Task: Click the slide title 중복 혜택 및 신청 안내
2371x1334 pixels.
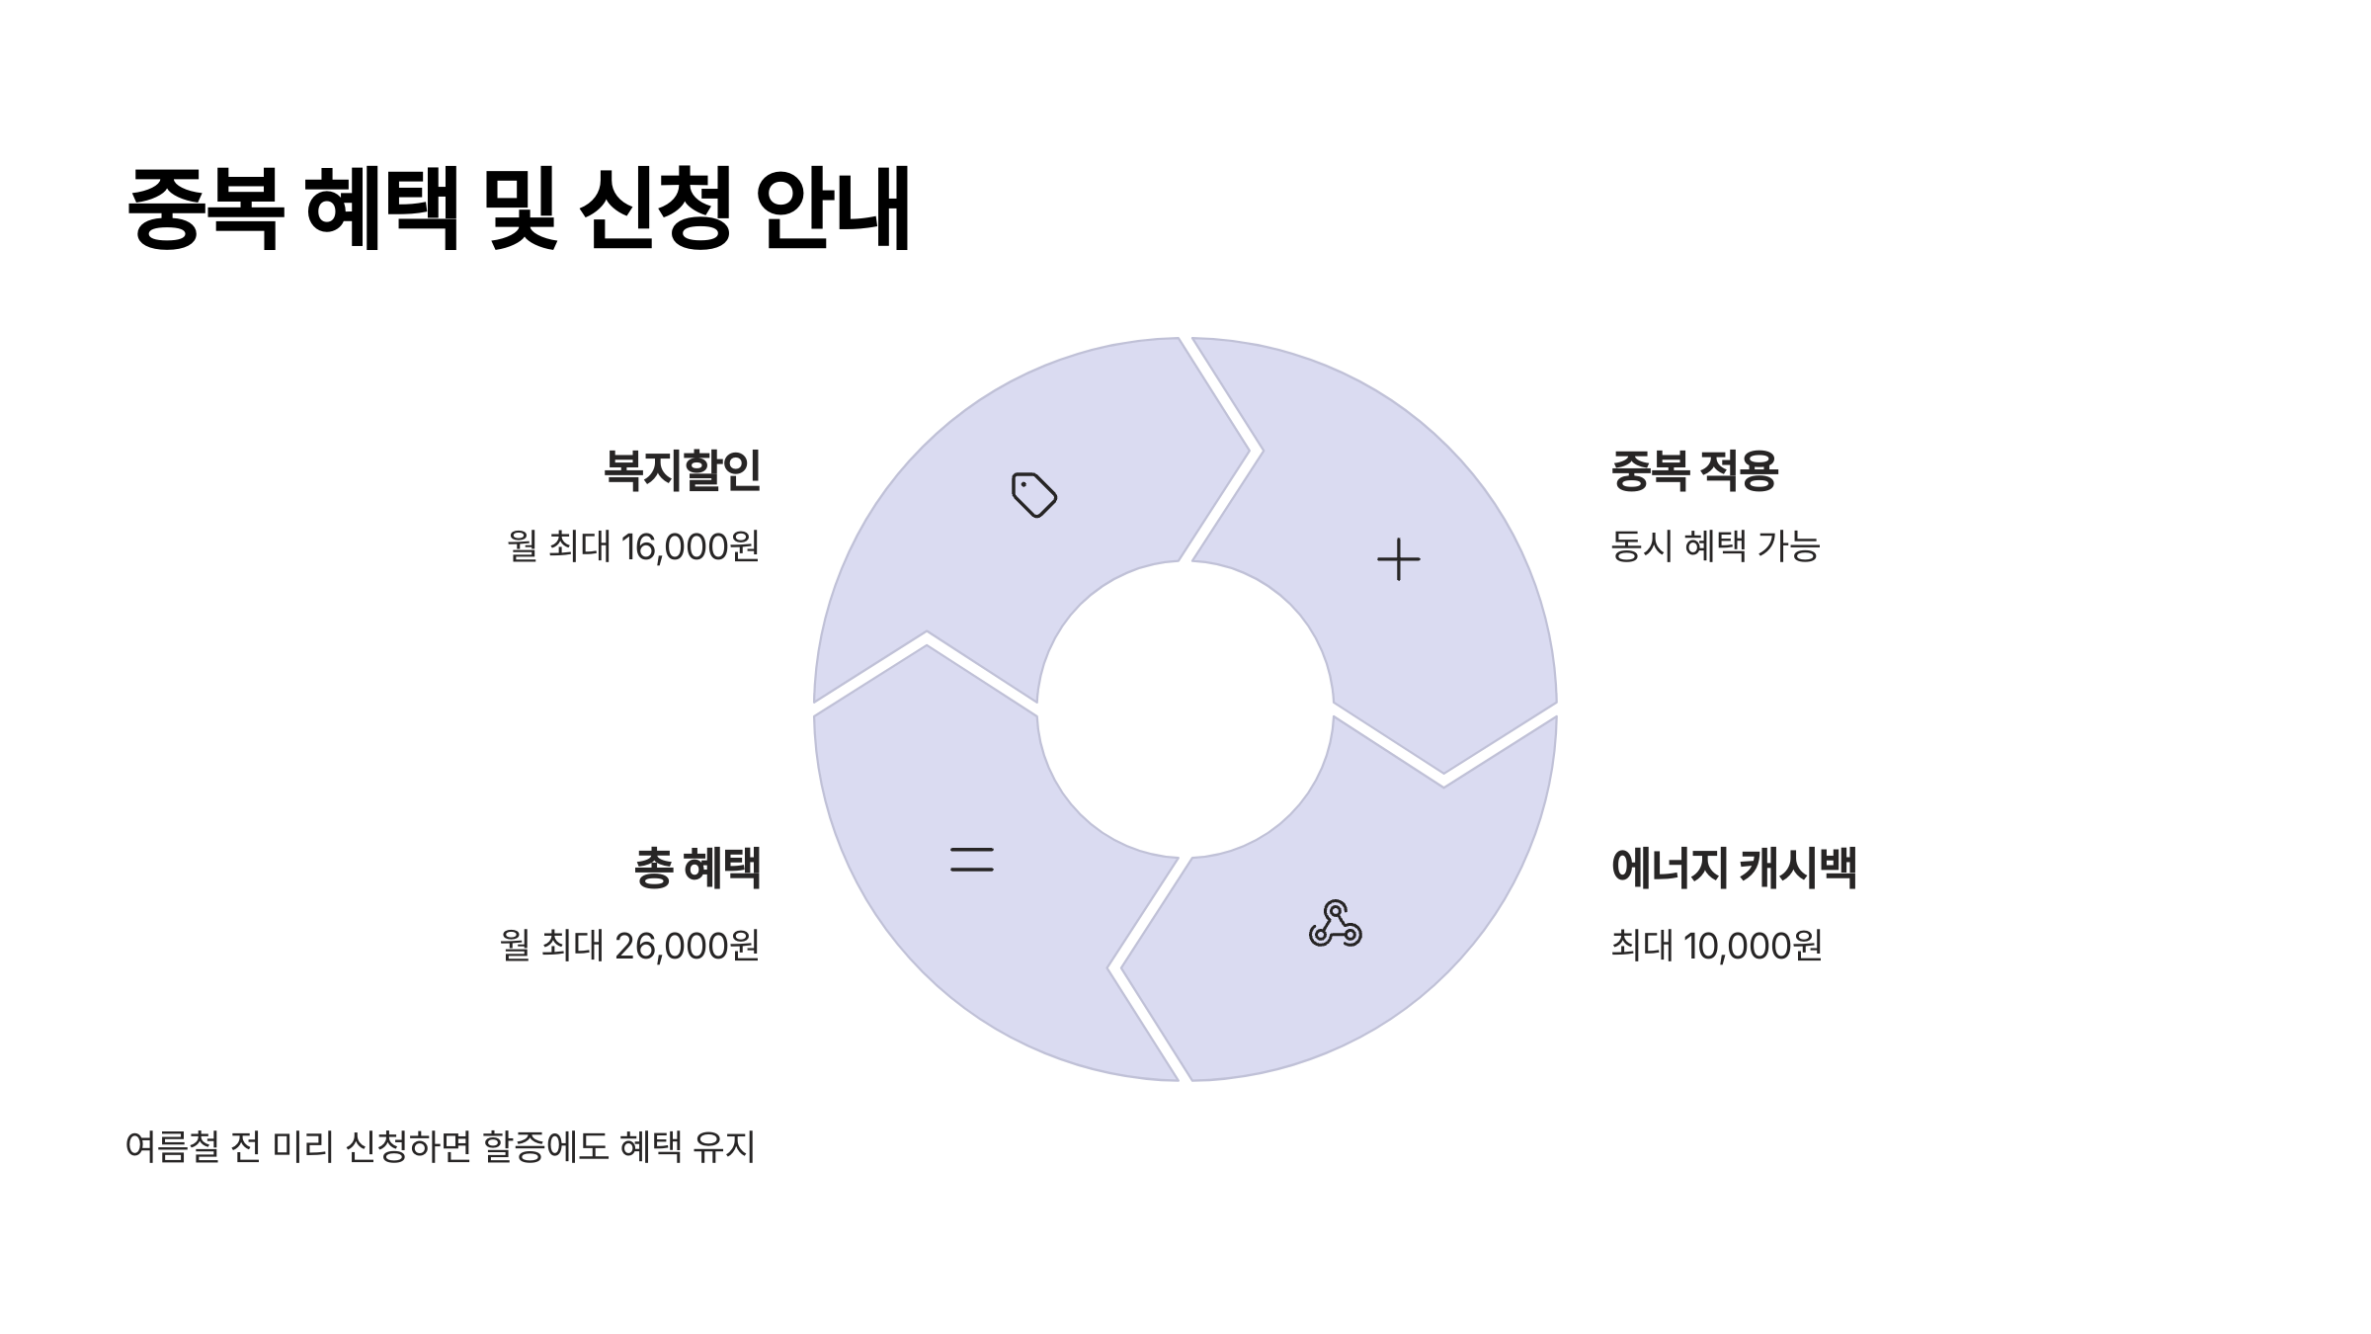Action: click(x=519, y=208)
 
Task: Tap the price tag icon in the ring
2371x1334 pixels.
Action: click(x=1034, y=494)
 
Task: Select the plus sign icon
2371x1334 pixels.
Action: click(x=1398, y=559)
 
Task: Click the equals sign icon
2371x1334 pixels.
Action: click(x=971, y=860)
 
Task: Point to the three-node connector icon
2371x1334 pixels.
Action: click(x=1335, y=924)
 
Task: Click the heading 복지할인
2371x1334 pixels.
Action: click(x=682, y=470)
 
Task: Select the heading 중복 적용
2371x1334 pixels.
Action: click(x=1693, y=470)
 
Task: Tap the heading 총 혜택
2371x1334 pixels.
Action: click(x=697, y=869)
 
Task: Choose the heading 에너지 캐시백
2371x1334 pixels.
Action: click(x=1733, y=869)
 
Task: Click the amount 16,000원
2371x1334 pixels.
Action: click(x=691, y=546)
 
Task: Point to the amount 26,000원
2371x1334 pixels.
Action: click(x=687, y=946)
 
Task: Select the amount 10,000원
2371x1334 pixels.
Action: click(x=1753, y=946)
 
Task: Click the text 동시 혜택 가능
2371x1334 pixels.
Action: click(x=1714, y=546)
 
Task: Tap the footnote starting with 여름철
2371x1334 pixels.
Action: click(x=440, y=1147)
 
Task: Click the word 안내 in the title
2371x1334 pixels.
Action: click(x=832, y=208)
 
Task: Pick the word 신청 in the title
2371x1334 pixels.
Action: click(x=654, y=208)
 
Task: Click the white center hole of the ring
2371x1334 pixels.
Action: click(x=1185, y=709)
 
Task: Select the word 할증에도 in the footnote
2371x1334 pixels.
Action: click(x=545, y=1147)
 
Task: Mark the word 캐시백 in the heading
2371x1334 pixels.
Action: click(x=1797, y=869)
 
